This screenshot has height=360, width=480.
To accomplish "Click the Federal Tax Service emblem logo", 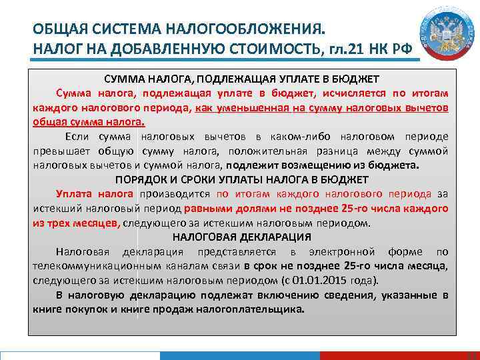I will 441,33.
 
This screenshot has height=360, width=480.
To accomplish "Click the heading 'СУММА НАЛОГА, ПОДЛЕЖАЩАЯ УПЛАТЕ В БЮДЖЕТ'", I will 241,79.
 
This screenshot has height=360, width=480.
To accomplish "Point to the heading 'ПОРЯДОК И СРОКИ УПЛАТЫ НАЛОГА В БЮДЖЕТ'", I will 241,179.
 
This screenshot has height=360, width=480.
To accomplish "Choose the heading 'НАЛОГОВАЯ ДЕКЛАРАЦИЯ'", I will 241,237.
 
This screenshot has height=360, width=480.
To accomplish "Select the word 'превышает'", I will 58,151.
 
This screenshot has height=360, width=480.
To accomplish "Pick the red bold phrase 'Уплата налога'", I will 95,194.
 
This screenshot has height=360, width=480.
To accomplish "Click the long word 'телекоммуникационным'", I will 93,266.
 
